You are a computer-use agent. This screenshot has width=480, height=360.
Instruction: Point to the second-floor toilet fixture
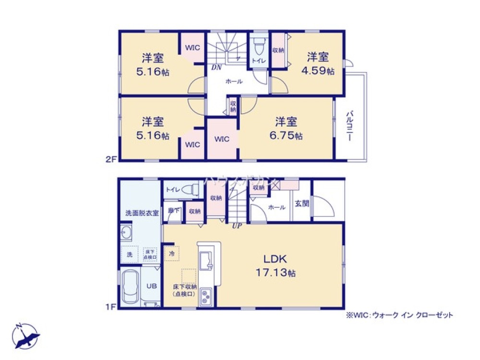pyautogui.click(x=258, y=47)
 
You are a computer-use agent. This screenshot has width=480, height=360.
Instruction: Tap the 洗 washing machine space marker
pyautogui.click(x=129, y=254)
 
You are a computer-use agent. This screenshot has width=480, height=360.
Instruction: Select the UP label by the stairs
pyautogui.click(x=236, y=226)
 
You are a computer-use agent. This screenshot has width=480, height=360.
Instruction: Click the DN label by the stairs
pyautogui.click(x=216, y=68)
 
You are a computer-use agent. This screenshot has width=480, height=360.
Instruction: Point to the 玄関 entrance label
pyautogui.click(x=301, y=203)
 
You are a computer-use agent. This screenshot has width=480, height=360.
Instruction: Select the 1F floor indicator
pyautogui.click(x=112, y=306)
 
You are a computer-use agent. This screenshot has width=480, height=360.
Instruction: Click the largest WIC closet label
pyautogui.click(x=222, y=139)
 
